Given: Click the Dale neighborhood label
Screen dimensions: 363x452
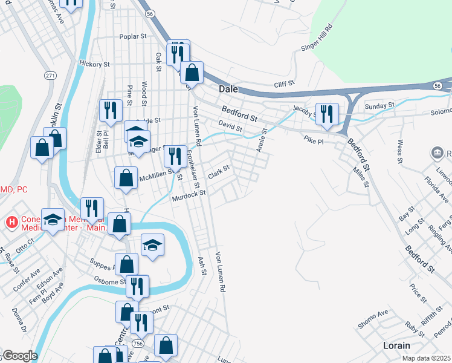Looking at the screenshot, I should pyautogui.click(x=228, y=88).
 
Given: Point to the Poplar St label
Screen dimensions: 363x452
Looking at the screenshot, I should pyautogui.click(x=134, y=36).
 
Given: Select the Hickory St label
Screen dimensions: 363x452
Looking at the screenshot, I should pyautogui.click(x=94, y=64).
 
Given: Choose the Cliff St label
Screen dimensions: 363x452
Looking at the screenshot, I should pyautogui.click(x=283, y=84).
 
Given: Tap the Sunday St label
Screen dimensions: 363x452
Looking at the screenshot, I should pyautogui.click(x=379, y=105).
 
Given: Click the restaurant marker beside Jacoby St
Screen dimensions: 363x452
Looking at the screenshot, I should pyautogui.click(x=327, y=113).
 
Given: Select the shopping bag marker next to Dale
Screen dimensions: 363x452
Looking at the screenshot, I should pyautogui.click(x=192, y=73).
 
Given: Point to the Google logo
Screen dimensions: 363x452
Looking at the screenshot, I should pyautogui.click(x=19, y=356).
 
